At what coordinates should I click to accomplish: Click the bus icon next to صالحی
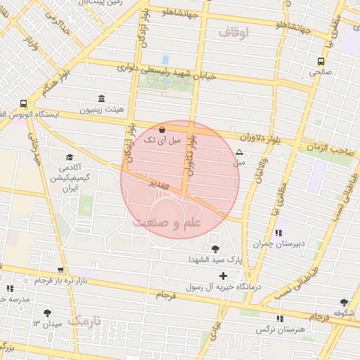click(321, 61)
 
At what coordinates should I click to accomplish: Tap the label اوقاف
click(234, 32)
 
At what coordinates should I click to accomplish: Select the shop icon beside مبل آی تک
click(163, 129)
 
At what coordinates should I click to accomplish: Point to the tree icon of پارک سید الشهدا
click(214, 248)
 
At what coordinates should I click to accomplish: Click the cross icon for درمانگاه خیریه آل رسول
click(224, 276)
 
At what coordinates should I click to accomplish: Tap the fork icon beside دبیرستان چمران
click(278, 232)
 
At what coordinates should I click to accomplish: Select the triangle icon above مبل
click(239, 151)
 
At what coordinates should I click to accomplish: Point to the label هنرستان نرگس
click(278, 329)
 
